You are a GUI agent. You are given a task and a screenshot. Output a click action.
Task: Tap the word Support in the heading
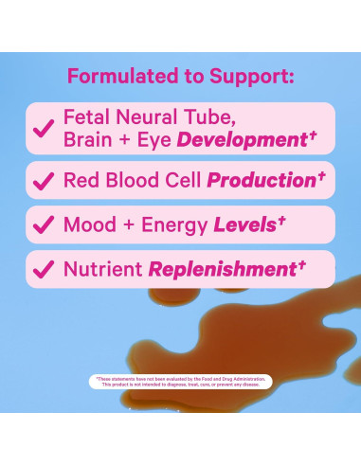coord(251,75)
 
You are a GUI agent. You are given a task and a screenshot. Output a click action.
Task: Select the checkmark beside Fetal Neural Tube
coord(43,129)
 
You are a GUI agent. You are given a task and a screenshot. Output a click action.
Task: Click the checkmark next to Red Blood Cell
coord(43,179)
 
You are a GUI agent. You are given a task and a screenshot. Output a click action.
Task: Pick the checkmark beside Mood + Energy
coord(43,224)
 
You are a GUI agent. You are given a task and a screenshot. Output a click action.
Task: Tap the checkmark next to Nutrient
coord(43,269)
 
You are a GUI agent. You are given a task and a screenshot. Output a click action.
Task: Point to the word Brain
coord(92,139)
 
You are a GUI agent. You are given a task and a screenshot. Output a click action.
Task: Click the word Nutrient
coord(102,269)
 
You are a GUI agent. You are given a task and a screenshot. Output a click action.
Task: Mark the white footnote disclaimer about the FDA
coord(180,381)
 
